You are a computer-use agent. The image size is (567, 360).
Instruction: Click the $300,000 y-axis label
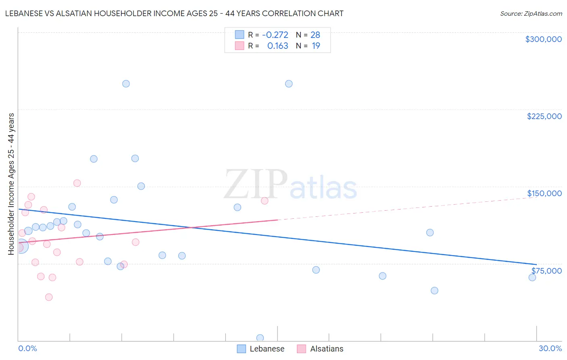coord(543,39)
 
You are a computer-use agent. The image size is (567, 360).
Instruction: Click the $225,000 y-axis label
coord(544,116)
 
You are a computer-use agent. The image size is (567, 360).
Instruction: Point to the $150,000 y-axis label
coord(544,193)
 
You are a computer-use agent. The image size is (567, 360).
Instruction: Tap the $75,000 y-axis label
coord(546,271)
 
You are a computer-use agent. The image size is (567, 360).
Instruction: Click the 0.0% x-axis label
coord(27,348)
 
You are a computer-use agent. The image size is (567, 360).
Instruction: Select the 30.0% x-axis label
coord(550,348)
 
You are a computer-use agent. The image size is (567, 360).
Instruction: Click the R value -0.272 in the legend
coord(275,35)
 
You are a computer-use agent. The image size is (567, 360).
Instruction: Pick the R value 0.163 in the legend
coord(277,46)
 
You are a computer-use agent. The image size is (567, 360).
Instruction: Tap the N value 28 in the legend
coord(315,35)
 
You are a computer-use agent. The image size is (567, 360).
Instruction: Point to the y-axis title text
coord(11,184)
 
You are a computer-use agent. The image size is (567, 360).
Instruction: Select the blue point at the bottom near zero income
coord(260,338)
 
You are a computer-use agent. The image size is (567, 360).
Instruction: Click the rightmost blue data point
coord(532,277)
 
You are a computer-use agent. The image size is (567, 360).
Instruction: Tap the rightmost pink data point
coord(265,201)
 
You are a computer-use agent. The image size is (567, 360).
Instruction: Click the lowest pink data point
coord(49,297)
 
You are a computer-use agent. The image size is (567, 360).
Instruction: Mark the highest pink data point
coord(77,183)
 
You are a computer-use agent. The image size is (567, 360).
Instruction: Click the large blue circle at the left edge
coord(21,246)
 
